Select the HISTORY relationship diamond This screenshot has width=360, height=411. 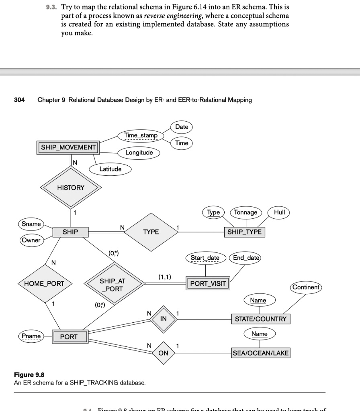tap(71, 187)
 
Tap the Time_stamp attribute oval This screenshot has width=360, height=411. tap(141, 136)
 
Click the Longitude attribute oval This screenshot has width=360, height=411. tap(139, 153)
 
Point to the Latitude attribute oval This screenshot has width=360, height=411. tap(110, 169)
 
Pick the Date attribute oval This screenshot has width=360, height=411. tap(182, 127)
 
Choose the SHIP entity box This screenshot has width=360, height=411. tap(70, 232)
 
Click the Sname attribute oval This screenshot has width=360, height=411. tap(31, 224)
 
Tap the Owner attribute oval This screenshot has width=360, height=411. tap(31, 240)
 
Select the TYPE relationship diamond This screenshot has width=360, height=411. tap(151, 232)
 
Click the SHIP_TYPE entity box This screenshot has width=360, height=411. tap(244, 232)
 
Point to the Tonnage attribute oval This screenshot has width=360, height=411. tap(245, 212)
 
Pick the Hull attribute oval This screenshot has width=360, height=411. tap(279, 212)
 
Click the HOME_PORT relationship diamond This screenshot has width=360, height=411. tap(44, 283)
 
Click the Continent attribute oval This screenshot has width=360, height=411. tap(306, 287)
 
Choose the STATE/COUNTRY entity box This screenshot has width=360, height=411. tap(260, 319)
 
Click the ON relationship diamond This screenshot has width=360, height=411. tap(163, 353)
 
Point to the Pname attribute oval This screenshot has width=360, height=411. tap(31, 336)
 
